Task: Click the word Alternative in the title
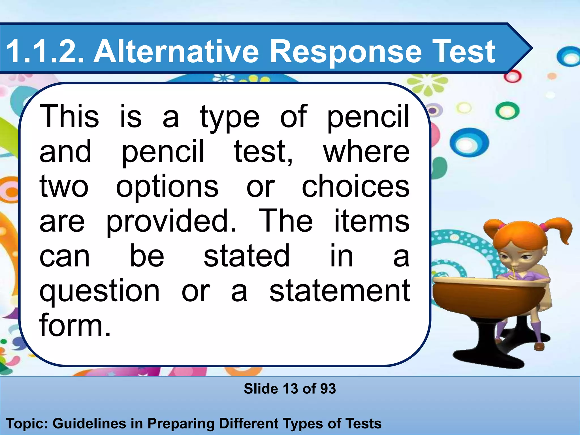(x=176, y=52)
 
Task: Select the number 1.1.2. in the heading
(x=45, y=52)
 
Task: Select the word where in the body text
(x=366, y=152)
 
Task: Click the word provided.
(x=171, y=222)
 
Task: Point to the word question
(x=100, y=292)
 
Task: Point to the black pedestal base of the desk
(x=486, y=348)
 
